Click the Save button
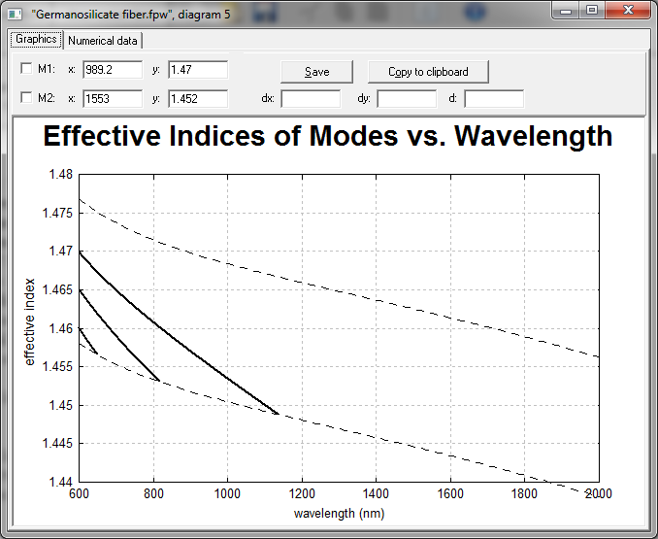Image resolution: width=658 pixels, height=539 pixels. click(x=316, y=72)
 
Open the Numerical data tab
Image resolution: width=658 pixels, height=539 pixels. click(x=103, y=41)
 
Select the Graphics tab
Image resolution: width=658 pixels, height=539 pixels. click(x=36, y=40)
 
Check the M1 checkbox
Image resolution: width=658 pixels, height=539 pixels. click(x=26, y=68)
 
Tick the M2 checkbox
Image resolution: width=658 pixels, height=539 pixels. click(x=26, y=98)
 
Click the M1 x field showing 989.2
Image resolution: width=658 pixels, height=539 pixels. click(x=113, y=70)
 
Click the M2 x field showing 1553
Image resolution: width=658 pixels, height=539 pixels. click(x=113, y=99)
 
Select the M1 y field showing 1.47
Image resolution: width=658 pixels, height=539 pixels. click(x=198, y=70)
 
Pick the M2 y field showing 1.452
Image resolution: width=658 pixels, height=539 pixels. click(x=198, y=99)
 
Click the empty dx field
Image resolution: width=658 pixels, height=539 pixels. click(x=311, y=99)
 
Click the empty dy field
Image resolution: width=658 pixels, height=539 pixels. click(x=407, y=99)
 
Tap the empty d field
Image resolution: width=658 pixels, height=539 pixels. click(x=494, y=99)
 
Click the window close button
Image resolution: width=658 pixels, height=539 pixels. click(x=628, y=10)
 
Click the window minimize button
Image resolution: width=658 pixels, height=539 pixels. click(x=566, y=11)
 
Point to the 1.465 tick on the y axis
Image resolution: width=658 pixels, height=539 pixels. click(x=58, y=289)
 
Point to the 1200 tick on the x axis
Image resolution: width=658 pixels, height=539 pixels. click(x=302, y=493)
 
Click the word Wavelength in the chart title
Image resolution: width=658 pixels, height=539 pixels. click(x=534, y=136)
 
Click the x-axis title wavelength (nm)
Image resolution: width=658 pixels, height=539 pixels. click(x=339, y=514)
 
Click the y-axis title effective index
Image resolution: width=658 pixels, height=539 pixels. click(x=29, y=322)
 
